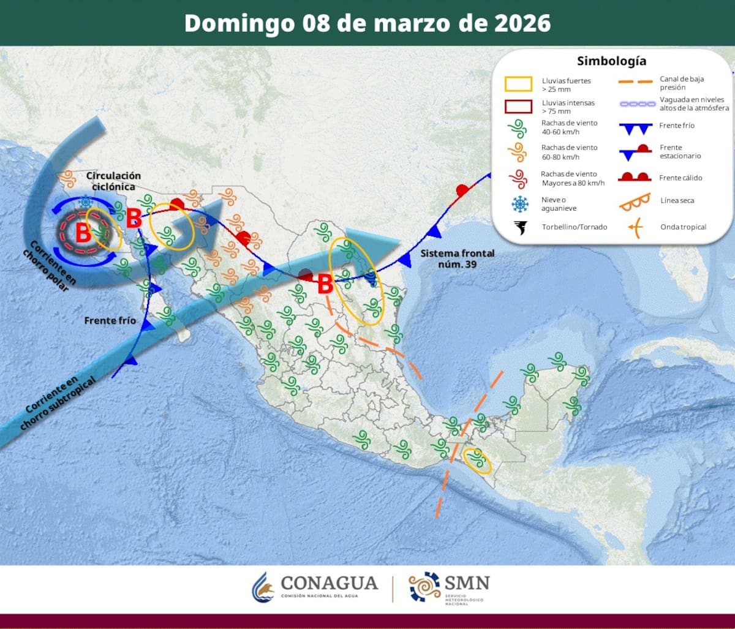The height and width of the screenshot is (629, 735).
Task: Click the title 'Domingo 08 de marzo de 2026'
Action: (x=367, y=23)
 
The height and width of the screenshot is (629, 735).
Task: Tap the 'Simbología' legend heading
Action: (x=611, y=61)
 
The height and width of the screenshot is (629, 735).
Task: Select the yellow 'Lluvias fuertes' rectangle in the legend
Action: (x=518, y=84)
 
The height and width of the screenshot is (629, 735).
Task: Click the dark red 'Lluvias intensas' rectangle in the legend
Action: (x=518, y=107)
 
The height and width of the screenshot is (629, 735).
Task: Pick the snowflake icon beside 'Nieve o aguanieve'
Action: (x=519, y=204)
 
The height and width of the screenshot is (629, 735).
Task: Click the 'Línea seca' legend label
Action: (x=677, y=201)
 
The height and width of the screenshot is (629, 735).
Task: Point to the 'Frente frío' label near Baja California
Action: (x=108, y=320)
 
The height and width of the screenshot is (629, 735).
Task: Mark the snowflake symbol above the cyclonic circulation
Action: (x=86, y=202)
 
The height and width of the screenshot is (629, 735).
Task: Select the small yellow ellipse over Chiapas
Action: (x=477, y=461)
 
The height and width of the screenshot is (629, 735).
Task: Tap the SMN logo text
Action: (x=467, y=582)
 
